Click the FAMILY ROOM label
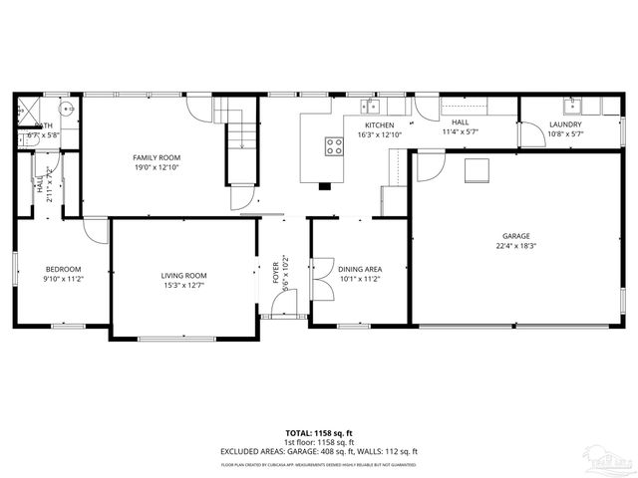coord(157,157)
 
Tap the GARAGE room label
coord(517,236)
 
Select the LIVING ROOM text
coord(183,275)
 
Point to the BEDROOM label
coord(62,269)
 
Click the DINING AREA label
coord(360,269)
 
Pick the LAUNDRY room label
coord(565,124)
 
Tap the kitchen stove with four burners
coord(334,146)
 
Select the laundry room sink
coord(571,105)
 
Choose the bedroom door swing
coord(96,229)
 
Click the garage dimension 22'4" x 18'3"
coord(517,246)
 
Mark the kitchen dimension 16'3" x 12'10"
coord(379,134)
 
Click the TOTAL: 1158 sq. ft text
coord(319,433)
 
